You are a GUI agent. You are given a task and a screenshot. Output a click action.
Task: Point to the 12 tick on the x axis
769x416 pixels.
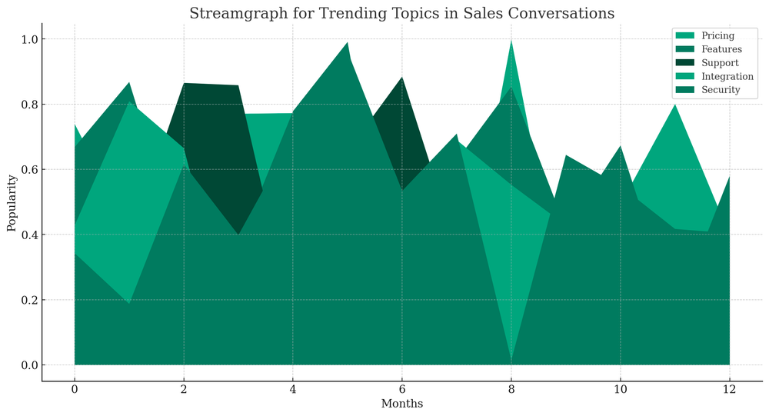(x=729, y=390)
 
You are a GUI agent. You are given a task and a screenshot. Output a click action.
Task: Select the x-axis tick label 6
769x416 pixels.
(x=401, y=390)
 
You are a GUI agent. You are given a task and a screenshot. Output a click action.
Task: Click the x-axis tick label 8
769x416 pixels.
(x=511, y=390)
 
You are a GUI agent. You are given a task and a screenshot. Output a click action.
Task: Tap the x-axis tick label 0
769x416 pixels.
(x=75, y=390)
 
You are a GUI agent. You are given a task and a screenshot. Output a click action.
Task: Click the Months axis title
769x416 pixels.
(x=401, y=404)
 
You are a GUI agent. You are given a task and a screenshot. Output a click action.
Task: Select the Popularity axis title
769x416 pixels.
(x=12, y=202)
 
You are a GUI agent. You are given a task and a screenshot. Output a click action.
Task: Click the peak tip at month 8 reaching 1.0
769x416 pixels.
(x=511, y=40)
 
